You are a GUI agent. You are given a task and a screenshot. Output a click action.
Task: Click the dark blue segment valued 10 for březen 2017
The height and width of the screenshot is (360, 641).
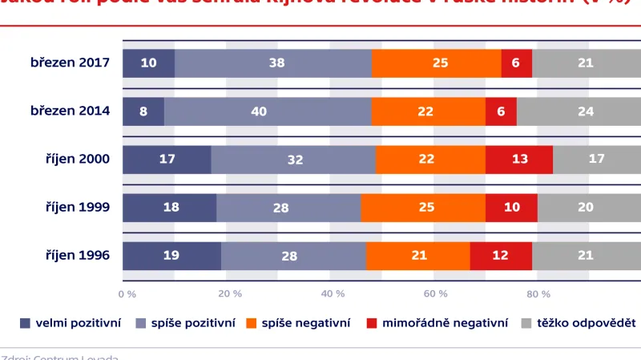148,63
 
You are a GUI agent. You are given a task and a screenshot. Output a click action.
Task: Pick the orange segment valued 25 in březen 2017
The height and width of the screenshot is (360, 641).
436,63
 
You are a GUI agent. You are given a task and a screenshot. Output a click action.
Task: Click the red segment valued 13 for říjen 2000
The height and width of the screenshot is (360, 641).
519,160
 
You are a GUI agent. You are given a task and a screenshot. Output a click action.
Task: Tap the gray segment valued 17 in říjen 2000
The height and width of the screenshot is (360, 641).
596,160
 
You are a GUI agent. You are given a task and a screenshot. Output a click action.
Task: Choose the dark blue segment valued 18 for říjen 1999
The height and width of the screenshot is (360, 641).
169,208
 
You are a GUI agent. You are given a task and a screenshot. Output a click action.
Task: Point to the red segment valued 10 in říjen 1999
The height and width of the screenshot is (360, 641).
511,208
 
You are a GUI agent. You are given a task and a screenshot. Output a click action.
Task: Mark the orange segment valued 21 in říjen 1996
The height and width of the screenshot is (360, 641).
417,256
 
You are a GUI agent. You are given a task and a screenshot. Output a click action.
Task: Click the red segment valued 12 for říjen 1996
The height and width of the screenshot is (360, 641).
501,256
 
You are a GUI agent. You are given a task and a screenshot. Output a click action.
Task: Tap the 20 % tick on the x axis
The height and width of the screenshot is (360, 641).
230,293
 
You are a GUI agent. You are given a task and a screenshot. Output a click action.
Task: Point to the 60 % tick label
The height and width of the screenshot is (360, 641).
435,293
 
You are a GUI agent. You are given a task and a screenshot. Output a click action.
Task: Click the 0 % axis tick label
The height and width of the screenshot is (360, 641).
127,293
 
